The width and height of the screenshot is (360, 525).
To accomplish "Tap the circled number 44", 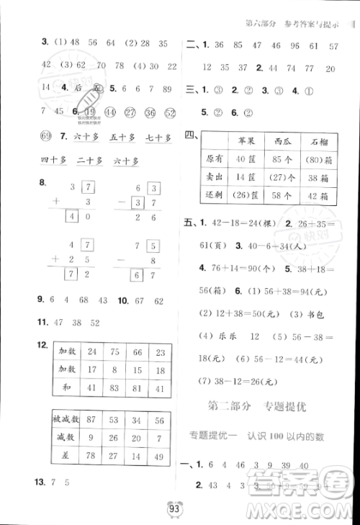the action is tap(109, 112).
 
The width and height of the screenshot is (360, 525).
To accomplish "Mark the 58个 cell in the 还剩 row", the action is tap(275, 195).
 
